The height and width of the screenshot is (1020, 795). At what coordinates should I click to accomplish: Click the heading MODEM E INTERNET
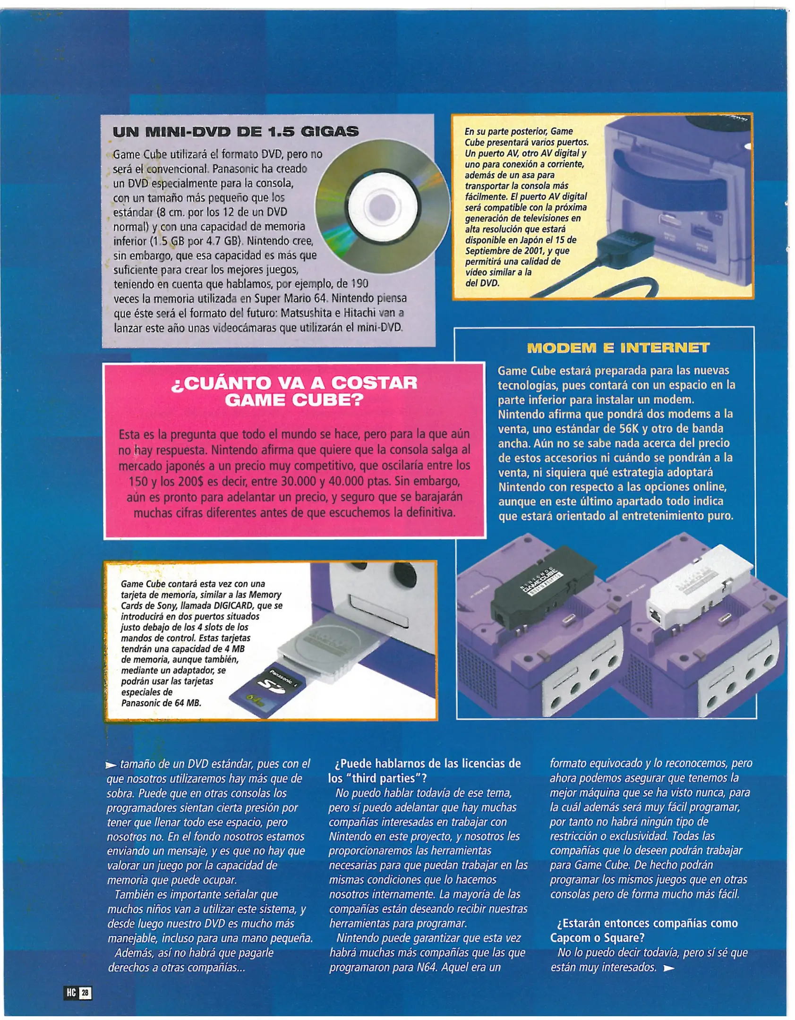617,348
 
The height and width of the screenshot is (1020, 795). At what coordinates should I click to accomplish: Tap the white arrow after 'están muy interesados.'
668,968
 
